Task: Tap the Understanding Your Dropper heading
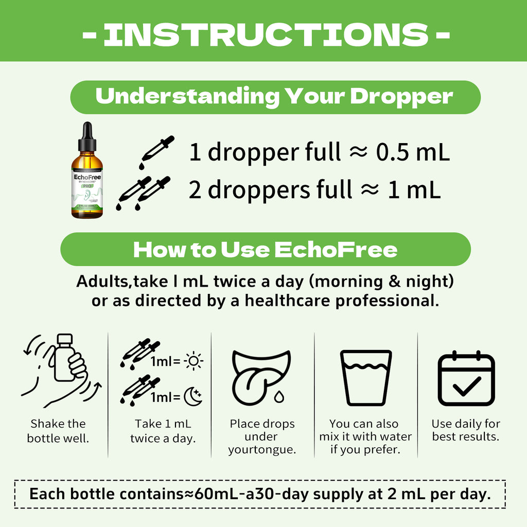[274, 97]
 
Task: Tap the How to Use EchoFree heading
[265, 250]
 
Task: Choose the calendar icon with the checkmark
[466, 378]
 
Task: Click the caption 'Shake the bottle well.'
[58, 431]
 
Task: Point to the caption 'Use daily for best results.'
[466, 431]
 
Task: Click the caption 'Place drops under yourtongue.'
[262, 437]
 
